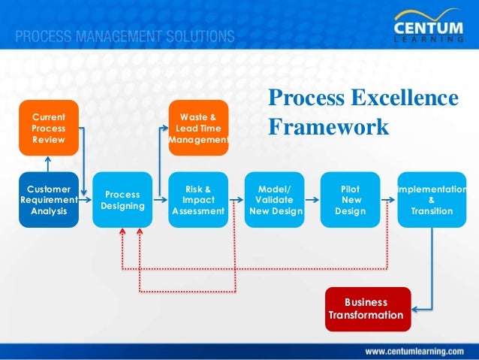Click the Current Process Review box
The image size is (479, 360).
point(49,128)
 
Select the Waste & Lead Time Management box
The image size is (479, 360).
point(198,128)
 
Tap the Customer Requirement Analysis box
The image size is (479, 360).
point(49,200)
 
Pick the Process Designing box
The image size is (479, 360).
point(123,200)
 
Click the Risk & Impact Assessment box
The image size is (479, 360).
point(198,200)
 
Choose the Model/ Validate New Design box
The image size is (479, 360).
point(275,200)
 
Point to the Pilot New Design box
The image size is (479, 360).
point(351,200)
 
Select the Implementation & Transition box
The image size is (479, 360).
point(430,200)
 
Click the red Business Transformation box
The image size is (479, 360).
point(368,309)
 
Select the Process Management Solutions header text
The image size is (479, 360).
point(125,36)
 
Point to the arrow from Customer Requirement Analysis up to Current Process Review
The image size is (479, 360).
point(49,163)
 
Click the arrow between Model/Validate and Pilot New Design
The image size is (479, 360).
point(311,201)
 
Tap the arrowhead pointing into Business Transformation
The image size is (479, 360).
point(416,309)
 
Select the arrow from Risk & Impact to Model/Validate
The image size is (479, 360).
point(237,201)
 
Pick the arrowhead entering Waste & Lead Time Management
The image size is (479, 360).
point(165,128)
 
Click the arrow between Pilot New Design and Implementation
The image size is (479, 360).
point(387,201)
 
